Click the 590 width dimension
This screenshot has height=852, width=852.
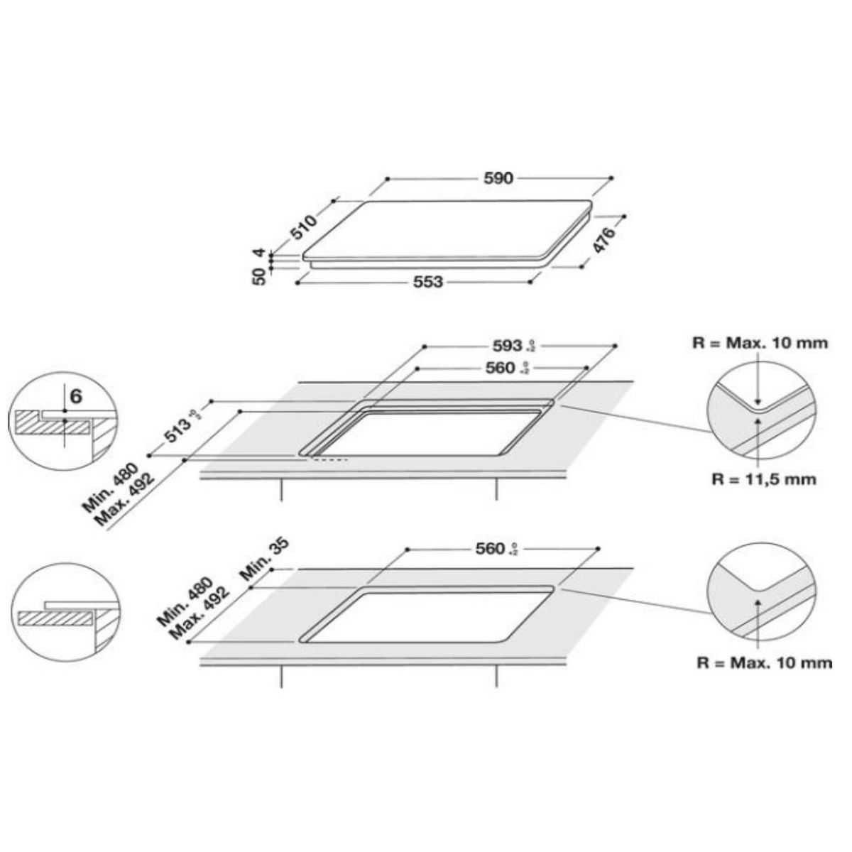[x=498, y=178]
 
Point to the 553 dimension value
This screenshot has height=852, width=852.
[x=428, y=282]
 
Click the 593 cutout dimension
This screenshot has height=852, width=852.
[x=507, y=346]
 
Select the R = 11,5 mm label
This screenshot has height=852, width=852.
[x=763, y=479]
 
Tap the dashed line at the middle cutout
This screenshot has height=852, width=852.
[x=328, y=460]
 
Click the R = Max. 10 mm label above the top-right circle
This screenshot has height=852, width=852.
[x=760, y=343]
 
